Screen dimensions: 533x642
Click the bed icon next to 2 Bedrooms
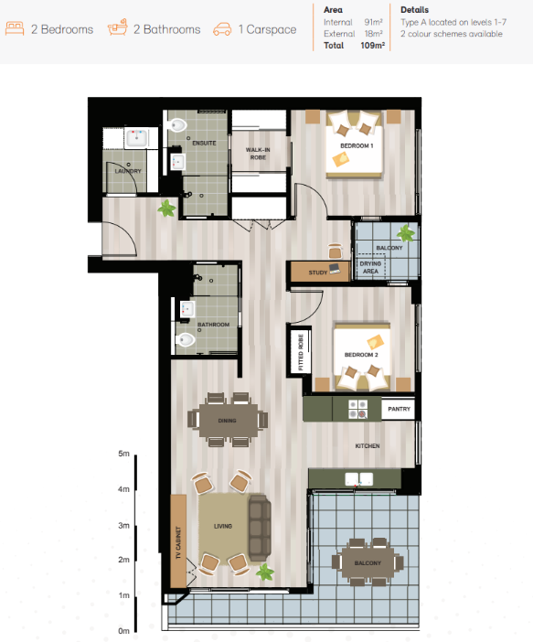tap(15, 28)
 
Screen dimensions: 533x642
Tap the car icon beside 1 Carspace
tap(222, 29)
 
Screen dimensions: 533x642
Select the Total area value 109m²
tap(372, 46)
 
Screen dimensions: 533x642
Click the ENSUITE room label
tap(204, 143)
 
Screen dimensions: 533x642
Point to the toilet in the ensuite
tap(176, 125)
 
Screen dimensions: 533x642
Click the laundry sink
tap(136, 138)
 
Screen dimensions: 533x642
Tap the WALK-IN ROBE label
tap(258, 154)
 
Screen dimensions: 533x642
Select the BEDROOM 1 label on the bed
tap(357, 145)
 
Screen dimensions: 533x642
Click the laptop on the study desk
tap(335, 268)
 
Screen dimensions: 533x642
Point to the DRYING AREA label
tap(370, 267)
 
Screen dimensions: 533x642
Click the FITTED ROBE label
tap(301, 352)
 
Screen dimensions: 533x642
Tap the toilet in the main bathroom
tap(185, 339)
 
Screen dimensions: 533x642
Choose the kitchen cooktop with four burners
tap(357, 410)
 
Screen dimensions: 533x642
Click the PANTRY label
tap(400, 409)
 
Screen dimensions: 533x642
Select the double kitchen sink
tap(359, 479)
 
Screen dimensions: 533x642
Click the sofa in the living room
tap(260, 528)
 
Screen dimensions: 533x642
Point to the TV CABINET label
tap(178, 542)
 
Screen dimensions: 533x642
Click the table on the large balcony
tap(368, 562)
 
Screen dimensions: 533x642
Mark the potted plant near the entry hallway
tap(166, 208)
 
